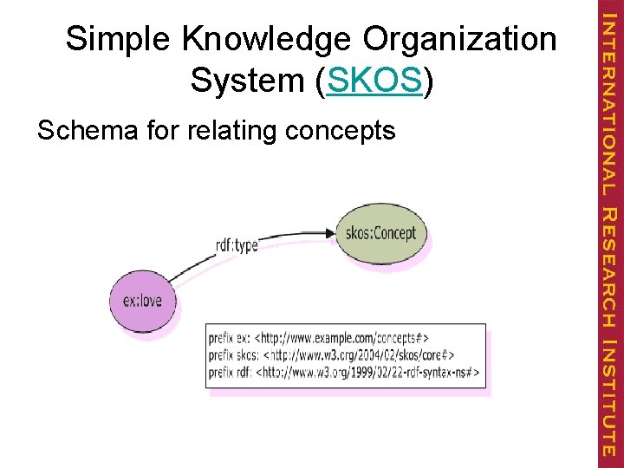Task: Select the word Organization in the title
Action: click(460, 40)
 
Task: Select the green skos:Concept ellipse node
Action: click(380, 233)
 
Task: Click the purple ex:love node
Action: click(142, 302)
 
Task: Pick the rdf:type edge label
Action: click(237, 245)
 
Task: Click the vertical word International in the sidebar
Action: click(609, 100)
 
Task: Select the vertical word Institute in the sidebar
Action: click(609, 399)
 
